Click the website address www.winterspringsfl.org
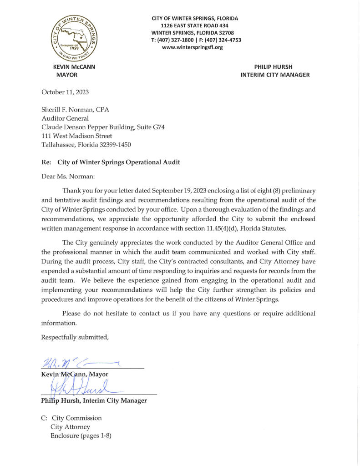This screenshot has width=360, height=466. click(192, 47)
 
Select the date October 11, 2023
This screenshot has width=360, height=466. click(65, 92)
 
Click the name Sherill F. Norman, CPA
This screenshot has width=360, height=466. click(75, 110)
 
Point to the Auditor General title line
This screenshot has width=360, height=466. click(65, 118)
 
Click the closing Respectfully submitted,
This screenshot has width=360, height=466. click(75, 337)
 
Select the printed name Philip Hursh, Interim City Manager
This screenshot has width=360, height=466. click(94, 400)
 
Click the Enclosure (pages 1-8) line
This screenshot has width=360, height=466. click(81, 436)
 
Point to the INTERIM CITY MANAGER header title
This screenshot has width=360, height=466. click(275, 75)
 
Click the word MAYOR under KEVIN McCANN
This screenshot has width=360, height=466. click(67, 75)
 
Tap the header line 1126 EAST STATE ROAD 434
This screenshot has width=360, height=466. click(194, 25)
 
